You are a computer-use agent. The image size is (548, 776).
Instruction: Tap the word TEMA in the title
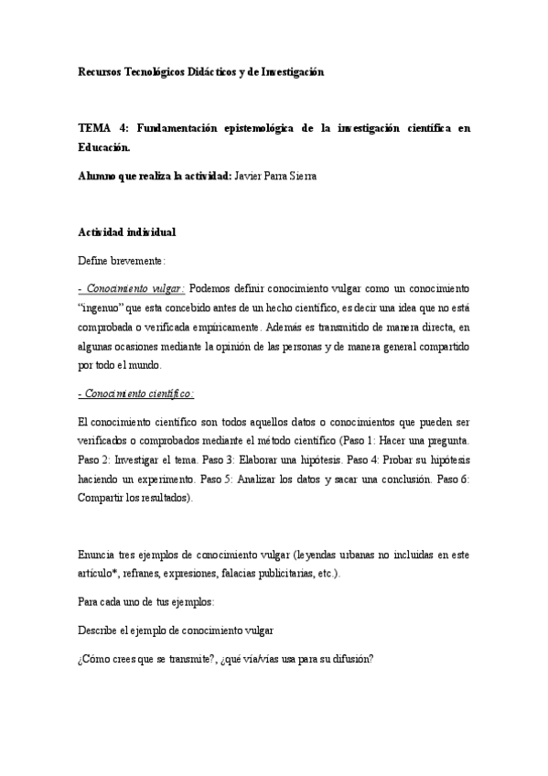(x=94, y=129)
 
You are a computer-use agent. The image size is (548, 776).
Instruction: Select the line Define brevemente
(x=122, y=260)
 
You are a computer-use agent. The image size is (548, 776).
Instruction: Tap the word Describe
(x=101, y=630)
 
